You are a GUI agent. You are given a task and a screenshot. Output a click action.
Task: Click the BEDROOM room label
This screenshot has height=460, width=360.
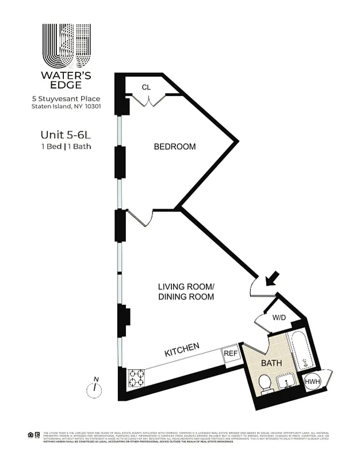[x=174, y=147]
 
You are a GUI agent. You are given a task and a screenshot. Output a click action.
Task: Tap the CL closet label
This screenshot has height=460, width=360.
[x=146, y=87]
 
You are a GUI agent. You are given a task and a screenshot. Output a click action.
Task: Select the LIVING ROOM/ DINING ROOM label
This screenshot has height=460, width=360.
[x=186, y=292]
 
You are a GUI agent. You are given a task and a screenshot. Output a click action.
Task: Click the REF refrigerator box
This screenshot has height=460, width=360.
[x=231, y=354]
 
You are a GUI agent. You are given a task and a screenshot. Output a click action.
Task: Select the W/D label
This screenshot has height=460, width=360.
[x=278, y=317]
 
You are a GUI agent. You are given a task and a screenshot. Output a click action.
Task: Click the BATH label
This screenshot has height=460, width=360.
[x=271, y=363]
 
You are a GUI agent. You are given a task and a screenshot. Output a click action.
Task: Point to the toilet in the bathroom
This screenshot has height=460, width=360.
[x=265, y=384]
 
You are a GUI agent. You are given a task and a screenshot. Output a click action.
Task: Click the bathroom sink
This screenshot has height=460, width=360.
[x=286, y=379]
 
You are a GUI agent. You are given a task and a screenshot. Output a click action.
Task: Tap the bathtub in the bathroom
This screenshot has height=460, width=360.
[x=301, y=351]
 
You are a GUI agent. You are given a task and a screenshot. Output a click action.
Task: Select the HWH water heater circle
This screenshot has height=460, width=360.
[x=312, y=381]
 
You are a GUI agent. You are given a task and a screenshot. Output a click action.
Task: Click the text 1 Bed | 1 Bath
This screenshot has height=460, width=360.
[x=65, y=147]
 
